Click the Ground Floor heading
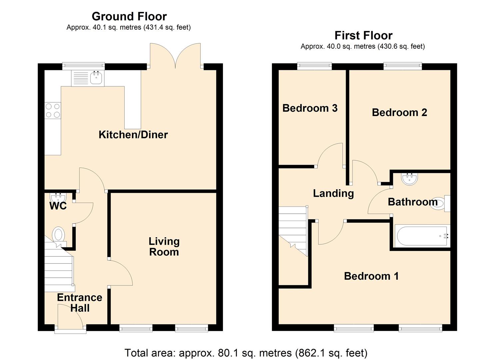pos(129,16)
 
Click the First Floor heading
pos(363,35)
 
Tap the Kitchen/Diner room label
pos(133,135)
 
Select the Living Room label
pos(164,246)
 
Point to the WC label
pos(58,206)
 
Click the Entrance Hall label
pos(80,302)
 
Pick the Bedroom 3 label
pos(310,108)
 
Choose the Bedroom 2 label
pos(399,113)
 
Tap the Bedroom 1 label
pos(371,276)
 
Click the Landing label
pos(333,193)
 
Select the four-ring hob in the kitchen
pos(53,111)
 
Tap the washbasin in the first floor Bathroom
pos(410,179)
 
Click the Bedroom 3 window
pos(315,66)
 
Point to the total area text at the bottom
pos(246,352)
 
